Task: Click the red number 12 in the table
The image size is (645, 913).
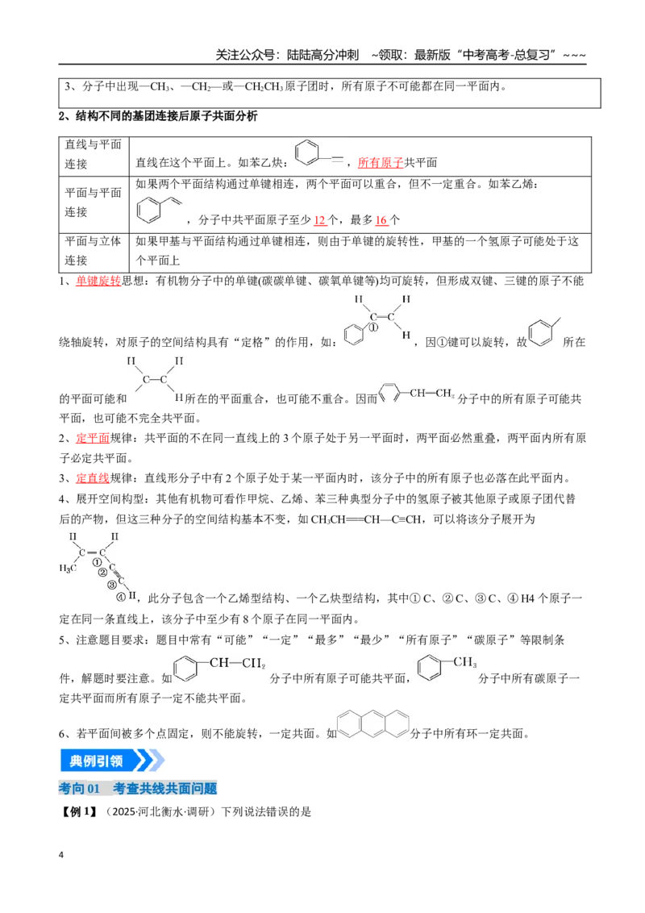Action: point(319,220)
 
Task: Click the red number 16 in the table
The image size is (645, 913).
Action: point(381,220)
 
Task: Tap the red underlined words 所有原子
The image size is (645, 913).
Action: point(380,162)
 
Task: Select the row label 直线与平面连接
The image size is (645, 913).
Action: point(94,154)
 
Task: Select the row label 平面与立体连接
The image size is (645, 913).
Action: point(94,250)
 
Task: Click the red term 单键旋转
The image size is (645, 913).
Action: point(98,281)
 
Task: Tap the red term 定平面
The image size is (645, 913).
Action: point(93,438)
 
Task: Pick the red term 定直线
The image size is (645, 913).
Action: point(93,478)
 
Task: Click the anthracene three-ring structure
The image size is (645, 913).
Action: point(373,723)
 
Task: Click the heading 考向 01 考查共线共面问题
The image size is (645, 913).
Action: point(138,789)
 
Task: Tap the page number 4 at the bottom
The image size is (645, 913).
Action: point(61,855)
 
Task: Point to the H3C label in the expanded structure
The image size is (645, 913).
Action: point(68,569)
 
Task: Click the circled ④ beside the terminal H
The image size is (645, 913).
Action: point(120,597)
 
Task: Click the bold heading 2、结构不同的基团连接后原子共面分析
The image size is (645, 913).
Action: point(158,116)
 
